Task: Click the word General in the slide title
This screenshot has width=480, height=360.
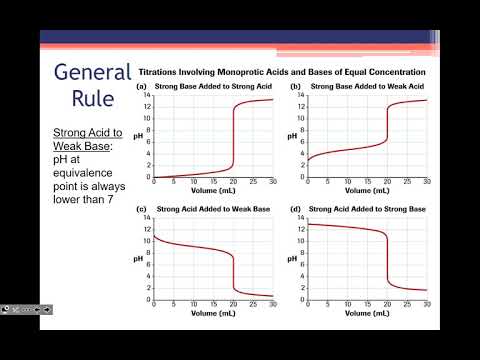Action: (92, 73)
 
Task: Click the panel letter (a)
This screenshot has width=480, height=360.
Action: (143, 87)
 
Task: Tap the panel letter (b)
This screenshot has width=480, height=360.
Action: (295, 87)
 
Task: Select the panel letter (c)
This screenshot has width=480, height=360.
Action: (143, 210)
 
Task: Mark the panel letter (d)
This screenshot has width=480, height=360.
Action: (295, 210)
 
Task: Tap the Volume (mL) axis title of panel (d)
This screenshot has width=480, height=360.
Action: (366, 314)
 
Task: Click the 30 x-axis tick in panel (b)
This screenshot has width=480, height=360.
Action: (426, 183)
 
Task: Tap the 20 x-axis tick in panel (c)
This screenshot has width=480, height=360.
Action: (233, 306)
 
